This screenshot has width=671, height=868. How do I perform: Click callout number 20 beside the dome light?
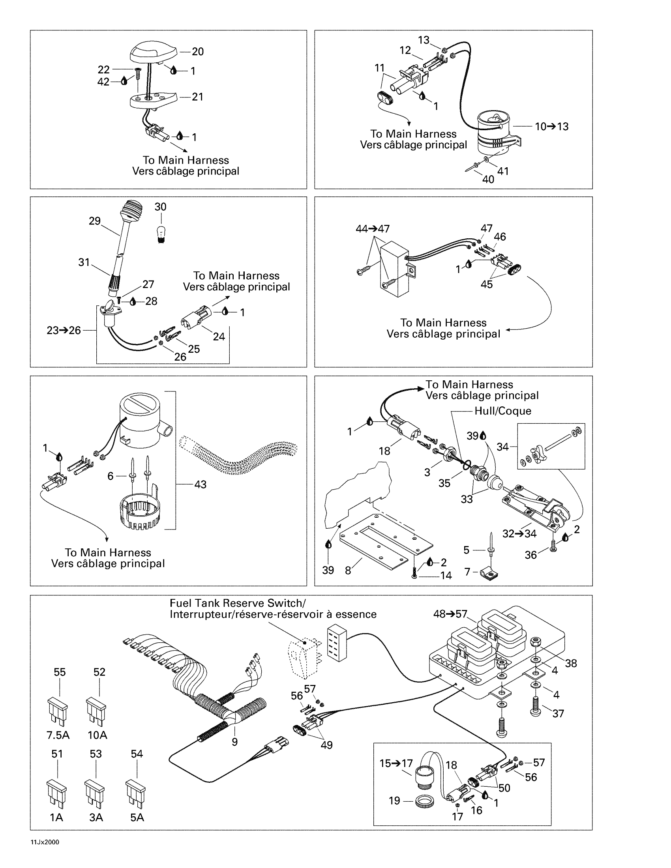[198, 52]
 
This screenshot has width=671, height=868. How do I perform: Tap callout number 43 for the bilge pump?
[201, 484]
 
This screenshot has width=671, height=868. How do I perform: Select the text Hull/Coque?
[502, 411]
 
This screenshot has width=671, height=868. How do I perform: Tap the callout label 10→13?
[551, 126]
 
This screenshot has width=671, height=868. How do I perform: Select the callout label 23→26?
[64, 330]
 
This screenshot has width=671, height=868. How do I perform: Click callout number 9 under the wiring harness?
[234, 742]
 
